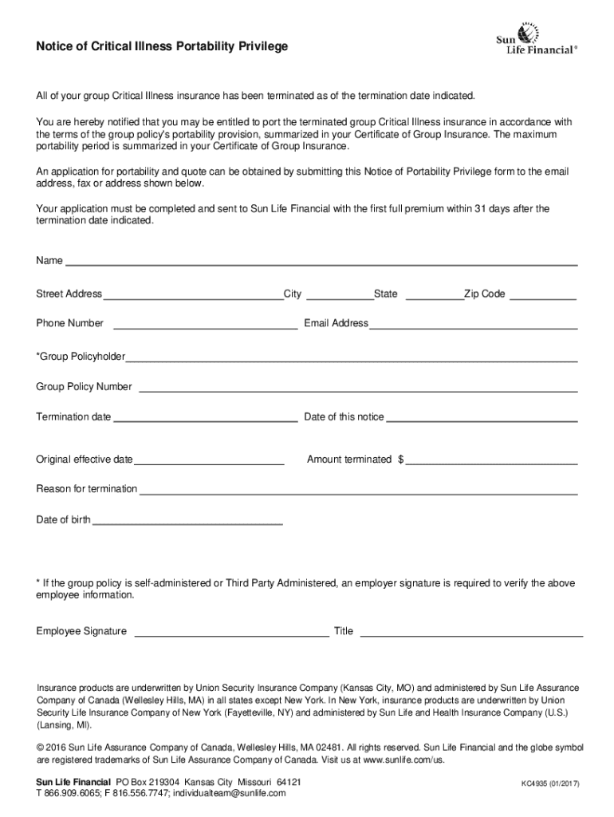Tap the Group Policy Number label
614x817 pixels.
pos(84,387)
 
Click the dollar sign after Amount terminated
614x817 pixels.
pos(401,460)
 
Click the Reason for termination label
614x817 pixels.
pos(86,488)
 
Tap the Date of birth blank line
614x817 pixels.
pos(187,523)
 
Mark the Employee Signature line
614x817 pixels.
pos(231,635)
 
